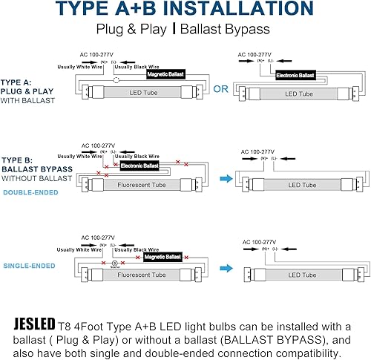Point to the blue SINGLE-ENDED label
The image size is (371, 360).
pyautogui.click(x=27, y=264)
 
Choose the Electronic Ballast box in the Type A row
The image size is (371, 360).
pyautogui.click(x=295, y=76)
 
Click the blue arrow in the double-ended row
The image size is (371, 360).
pyautogui.click(x=218, y=179)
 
